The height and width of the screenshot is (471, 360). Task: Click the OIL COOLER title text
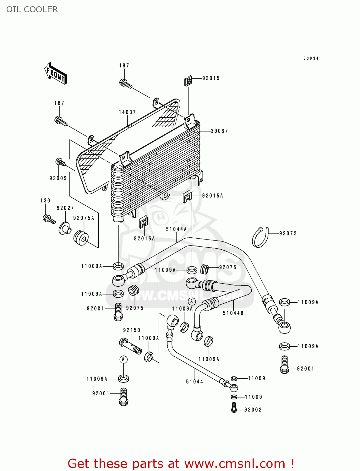pos(32,9)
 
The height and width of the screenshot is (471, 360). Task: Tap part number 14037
pos(127,112)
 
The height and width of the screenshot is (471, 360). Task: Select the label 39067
pos(219,131)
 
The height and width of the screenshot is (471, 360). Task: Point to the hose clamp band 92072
pos(260,238)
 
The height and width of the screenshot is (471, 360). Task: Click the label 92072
pos(288,233)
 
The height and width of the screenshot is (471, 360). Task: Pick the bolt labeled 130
pos(49,219)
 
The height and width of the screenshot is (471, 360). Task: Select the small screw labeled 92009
pos(60,162)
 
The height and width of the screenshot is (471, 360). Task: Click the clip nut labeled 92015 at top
pos(188,82)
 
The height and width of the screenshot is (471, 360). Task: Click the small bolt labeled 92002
pos(234,407)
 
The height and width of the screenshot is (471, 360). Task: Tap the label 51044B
pos(233,313)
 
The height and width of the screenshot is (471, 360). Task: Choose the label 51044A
pos(176,229)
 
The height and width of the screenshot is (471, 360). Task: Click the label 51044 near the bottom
pos(194,382)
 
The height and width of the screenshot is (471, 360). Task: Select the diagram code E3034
pos(311,58)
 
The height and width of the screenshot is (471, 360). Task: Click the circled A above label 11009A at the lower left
pos(123,360)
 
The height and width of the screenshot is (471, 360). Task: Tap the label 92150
pos(132,330)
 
